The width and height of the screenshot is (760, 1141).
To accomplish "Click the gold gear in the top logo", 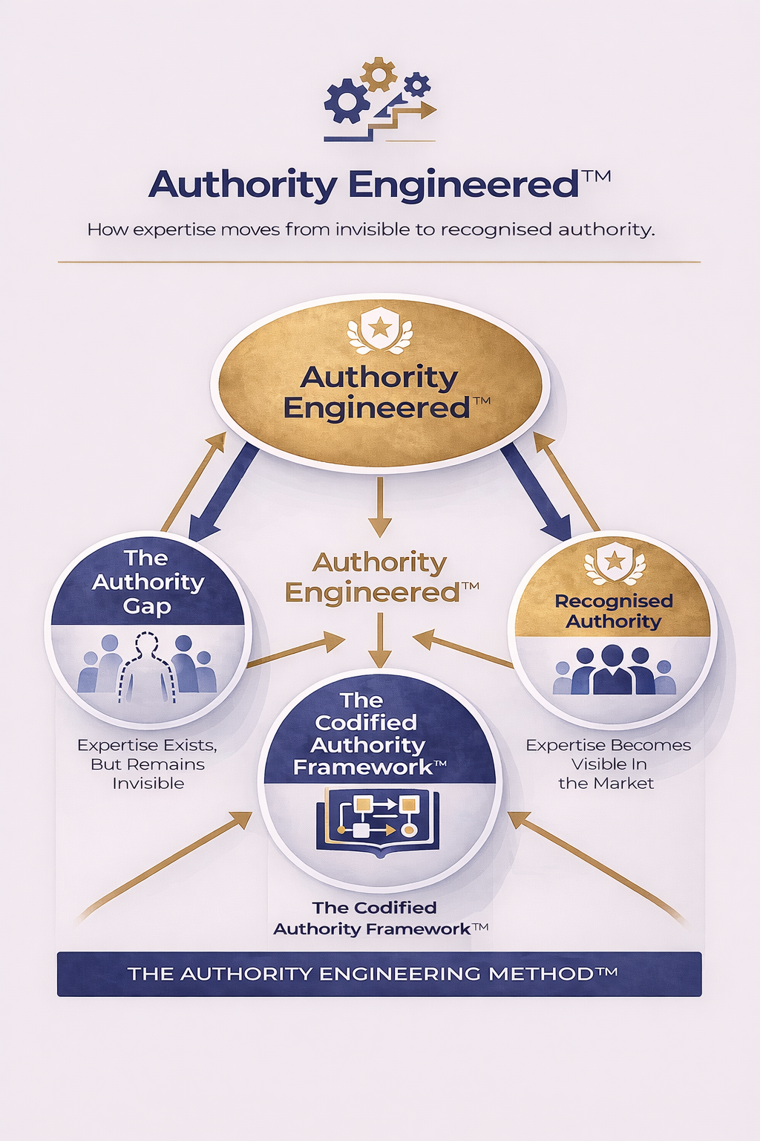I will click(x=379, y=74).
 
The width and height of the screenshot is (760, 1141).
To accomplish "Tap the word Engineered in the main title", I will click(x=463, y=185).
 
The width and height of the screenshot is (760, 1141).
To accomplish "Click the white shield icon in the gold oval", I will click(x=380, y=328).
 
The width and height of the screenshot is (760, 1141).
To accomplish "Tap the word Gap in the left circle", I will click(x=147, y=606).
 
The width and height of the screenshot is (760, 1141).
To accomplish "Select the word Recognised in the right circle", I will click(x=614, y=601).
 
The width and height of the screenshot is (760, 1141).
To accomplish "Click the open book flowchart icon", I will click(x=378, y=820).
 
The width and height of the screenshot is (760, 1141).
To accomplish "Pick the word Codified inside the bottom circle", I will click(x=366, y=722).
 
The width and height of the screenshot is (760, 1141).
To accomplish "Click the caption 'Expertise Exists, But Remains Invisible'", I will click(x=148, y=764).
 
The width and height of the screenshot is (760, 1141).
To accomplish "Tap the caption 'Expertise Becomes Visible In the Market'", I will click(x=608, y=764).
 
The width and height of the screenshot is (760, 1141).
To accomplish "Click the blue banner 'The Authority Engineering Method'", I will click(x=379, y=974).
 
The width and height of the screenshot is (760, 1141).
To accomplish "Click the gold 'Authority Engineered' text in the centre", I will click(x=380, y=578).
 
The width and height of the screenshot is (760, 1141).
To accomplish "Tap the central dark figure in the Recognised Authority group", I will click(x=613, y=670).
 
